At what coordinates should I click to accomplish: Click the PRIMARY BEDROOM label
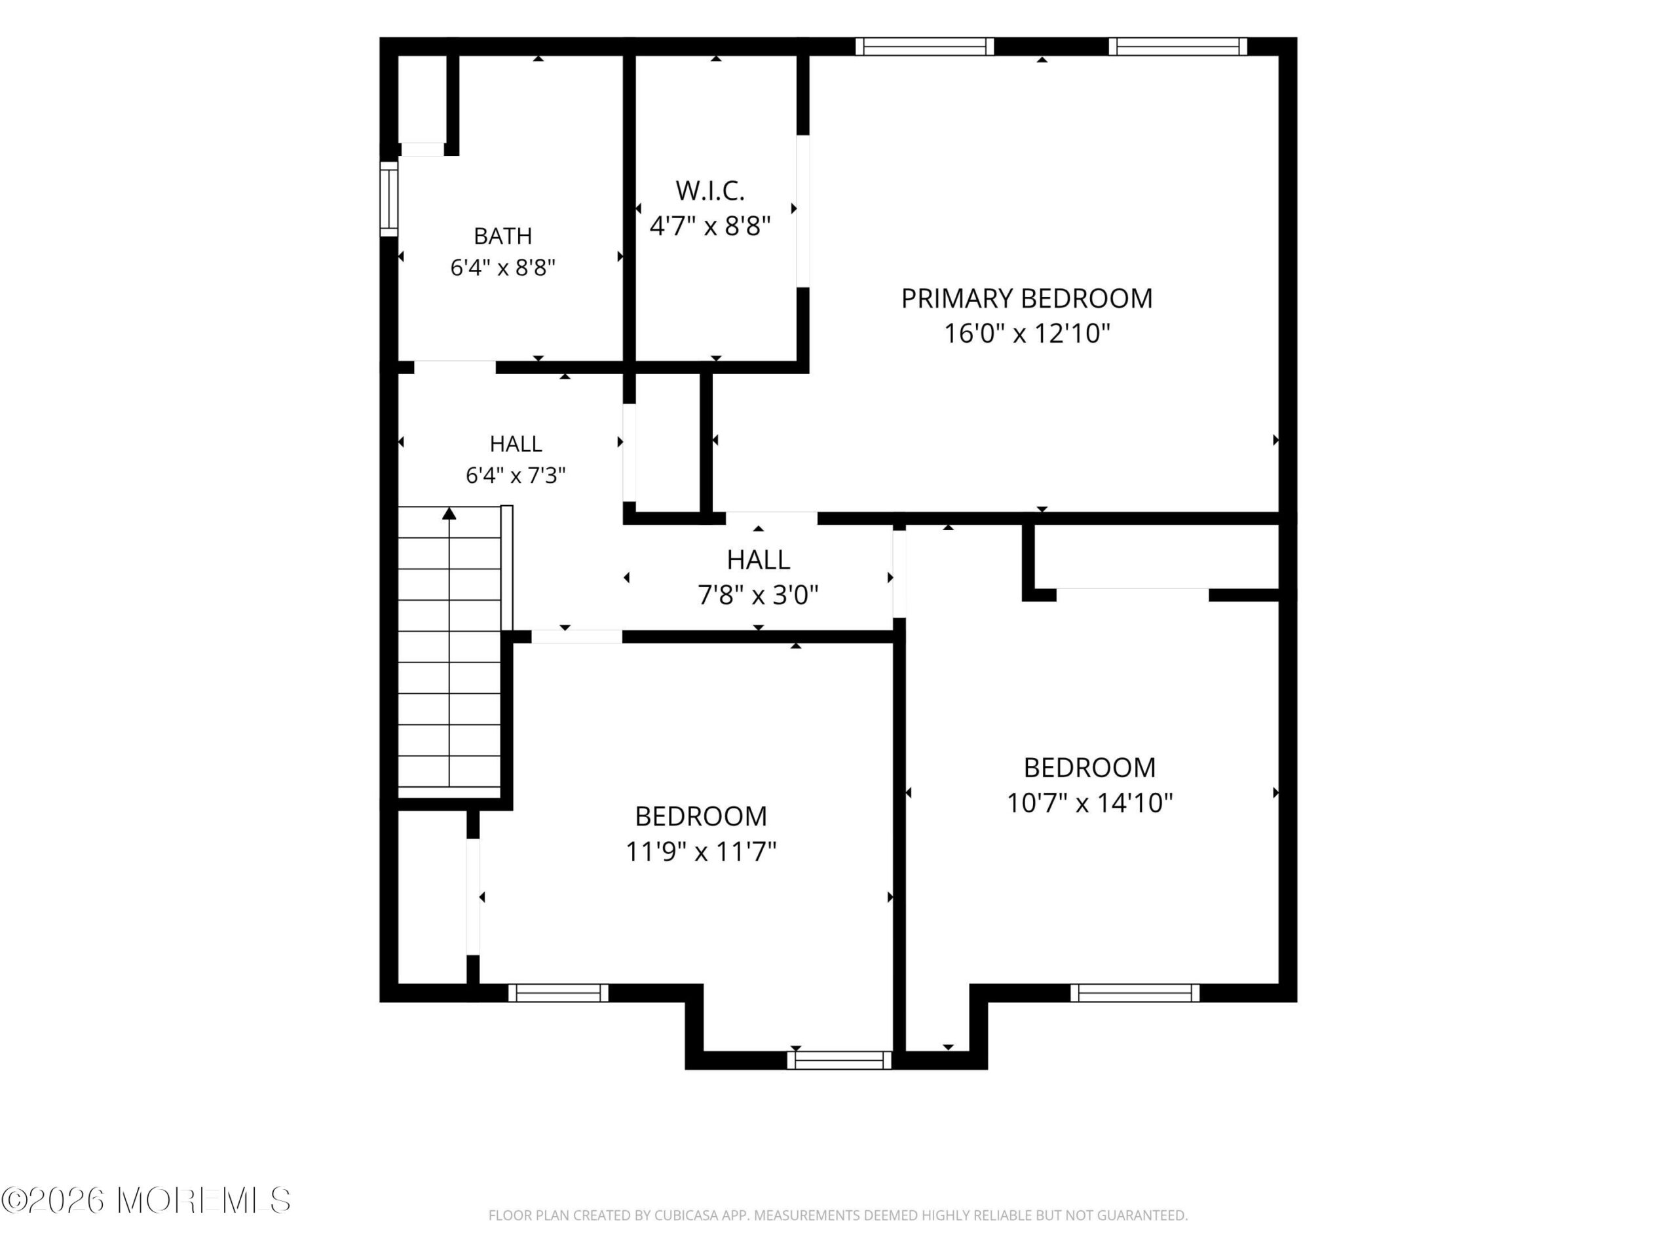click(x=1027, y=299)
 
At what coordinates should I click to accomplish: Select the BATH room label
click(x=502, y=236)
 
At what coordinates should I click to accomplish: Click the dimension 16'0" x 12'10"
click(x=1027, y=333)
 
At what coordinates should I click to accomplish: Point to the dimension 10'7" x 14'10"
click(x=1089, y=802)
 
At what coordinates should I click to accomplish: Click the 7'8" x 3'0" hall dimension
click(x=758, y=594)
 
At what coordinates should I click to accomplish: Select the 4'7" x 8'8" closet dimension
click(x=709, y=225)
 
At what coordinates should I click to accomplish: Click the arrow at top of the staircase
click(x=449, y=514)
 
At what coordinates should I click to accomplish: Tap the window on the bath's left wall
click(x=388, y=199)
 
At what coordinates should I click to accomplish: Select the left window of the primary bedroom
click(x=925, y=47)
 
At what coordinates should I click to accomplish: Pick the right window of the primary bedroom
click(x=1177, y=47)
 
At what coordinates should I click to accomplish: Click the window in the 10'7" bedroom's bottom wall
click(x=1135, y=993)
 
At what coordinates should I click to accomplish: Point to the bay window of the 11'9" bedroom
click(x=839, y=1060)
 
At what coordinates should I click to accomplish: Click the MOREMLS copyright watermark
click(x=145, y=1200)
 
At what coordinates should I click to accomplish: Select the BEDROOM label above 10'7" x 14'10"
click(x=1089, y=767)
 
